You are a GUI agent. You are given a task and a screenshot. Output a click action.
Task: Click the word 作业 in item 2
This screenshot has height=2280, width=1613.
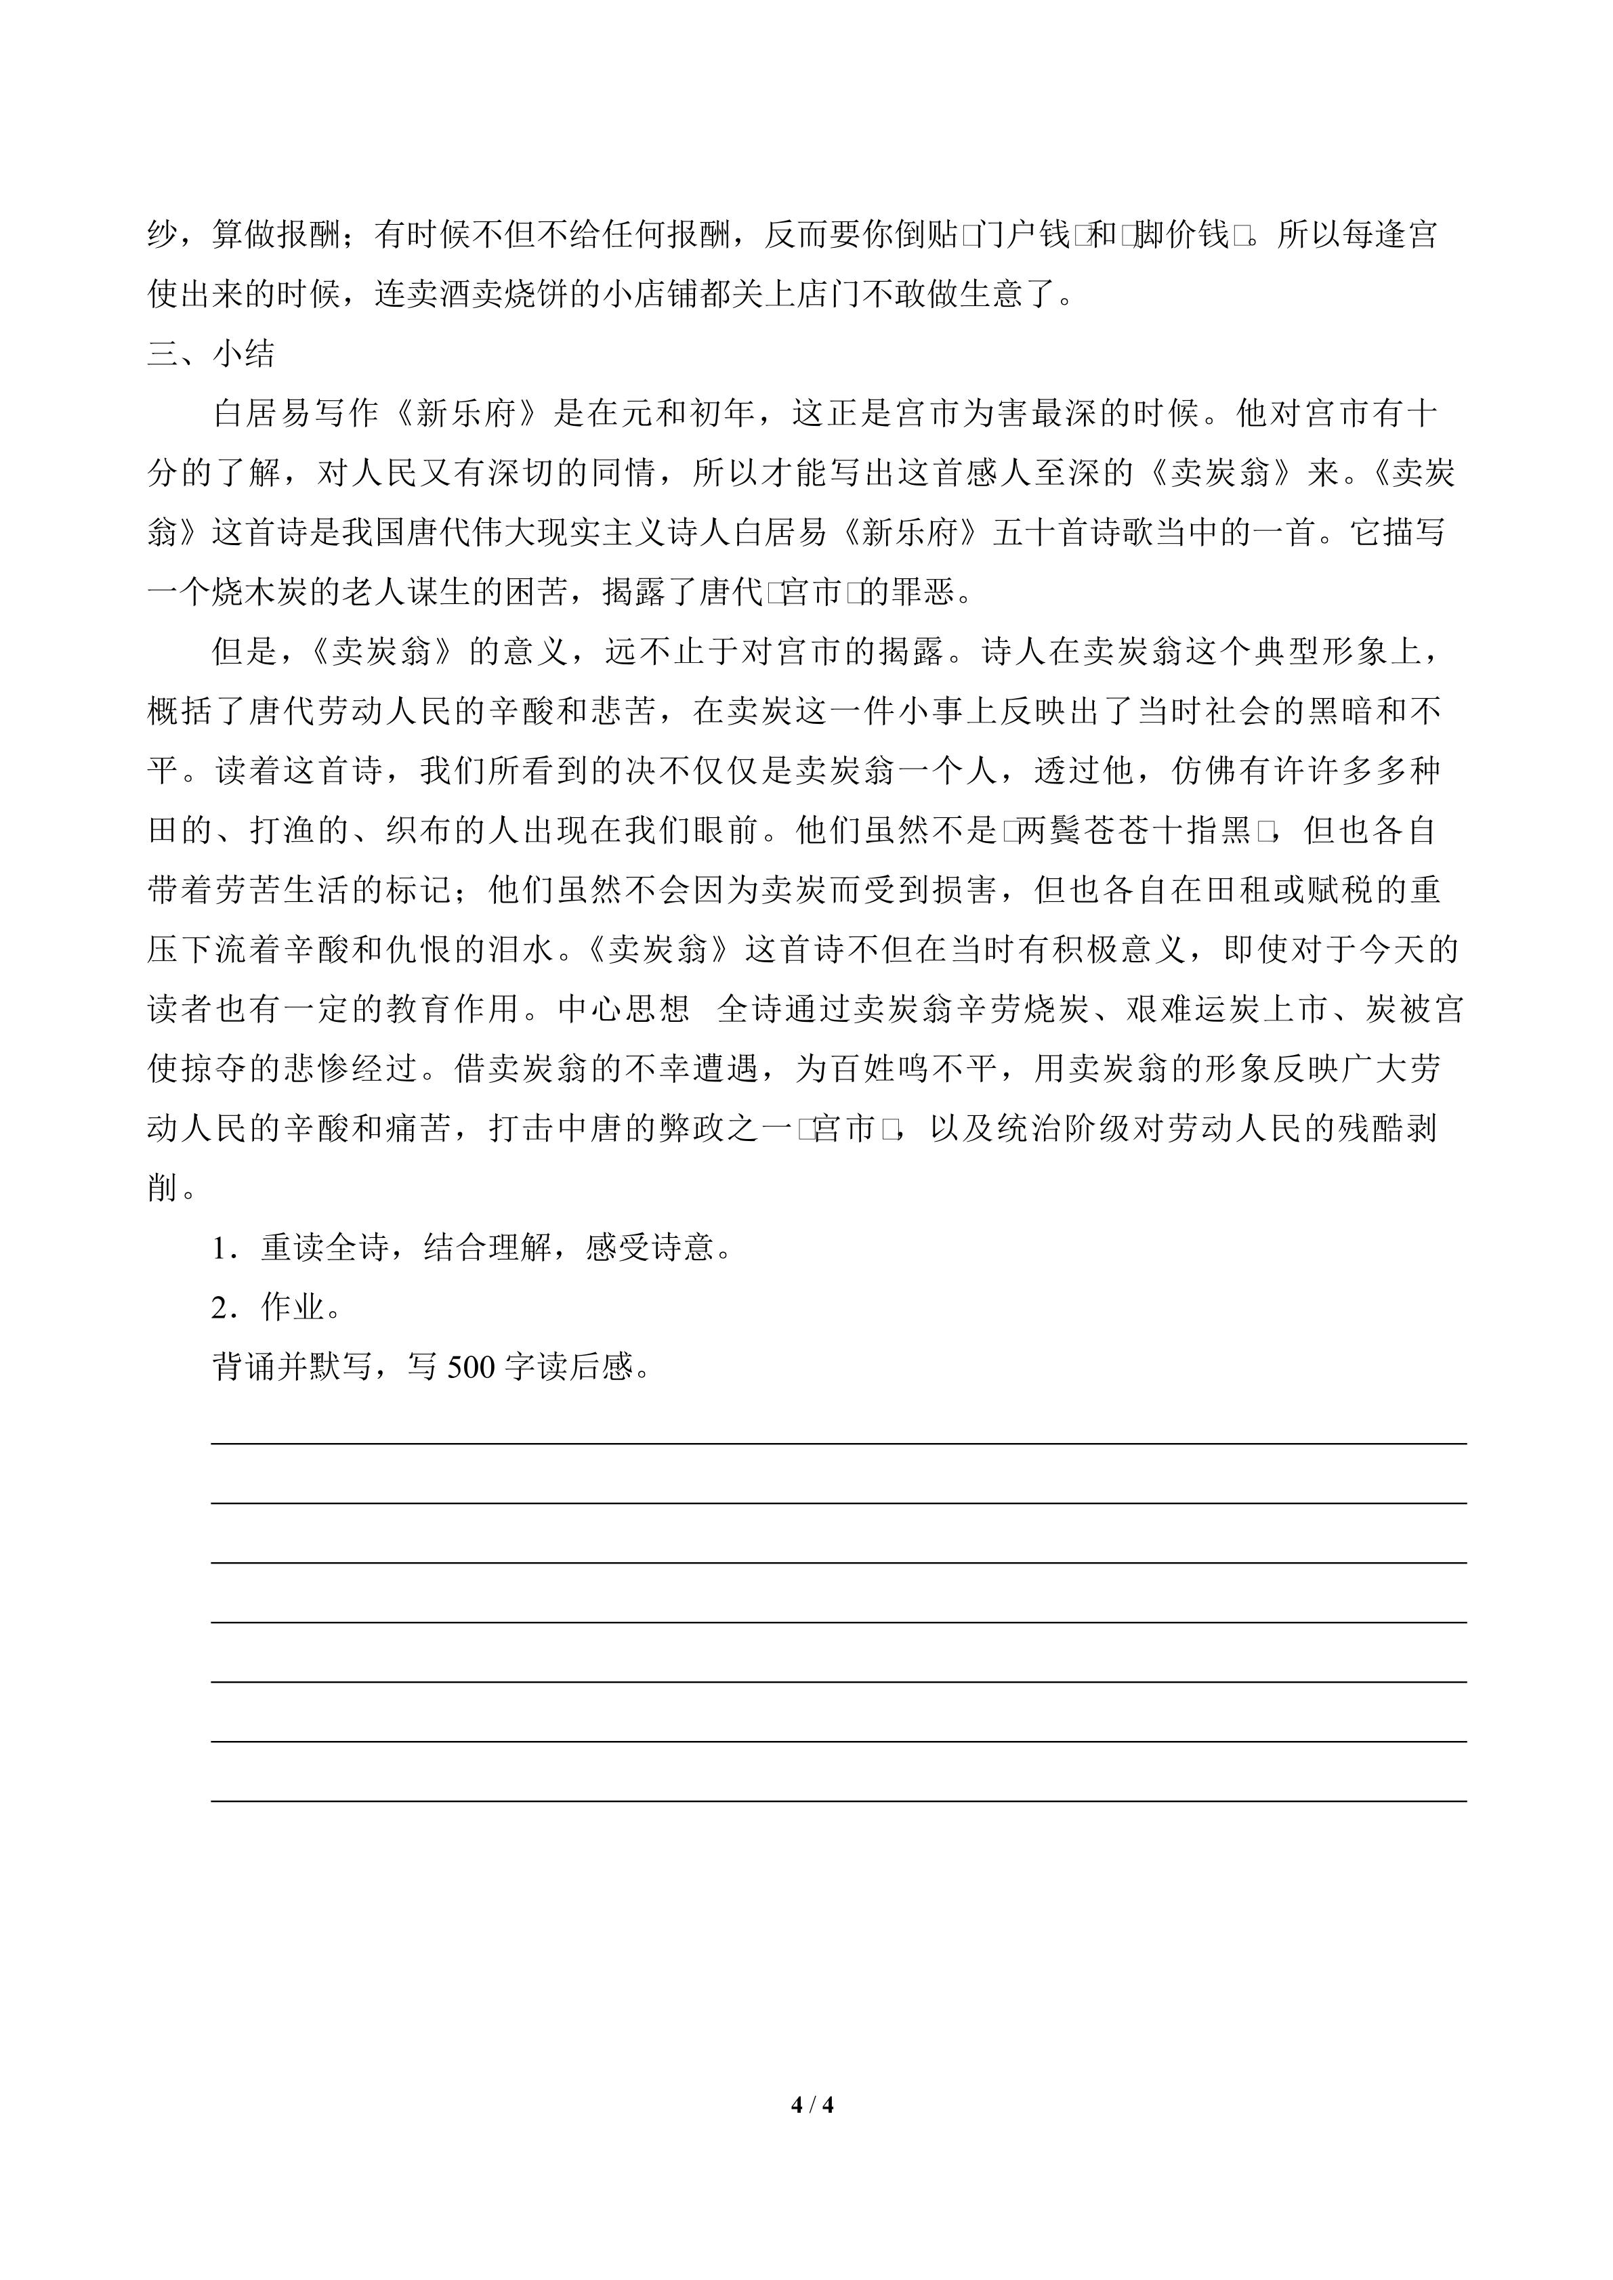click(293, 1308)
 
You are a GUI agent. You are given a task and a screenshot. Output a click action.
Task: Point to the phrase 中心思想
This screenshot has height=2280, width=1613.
click(624, 1010)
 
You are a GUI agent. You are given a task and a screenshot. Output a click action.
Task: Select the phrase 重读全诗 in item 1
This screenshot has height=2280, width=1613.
click(324, 1248)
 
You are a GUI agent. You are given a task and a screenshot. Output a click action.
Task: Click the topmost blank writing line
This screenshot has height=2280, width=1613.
click(838, 1444)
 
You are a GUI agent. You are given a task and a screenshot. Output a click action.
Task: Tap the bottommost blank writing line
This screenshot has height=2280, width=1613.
click(838, 1801)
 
